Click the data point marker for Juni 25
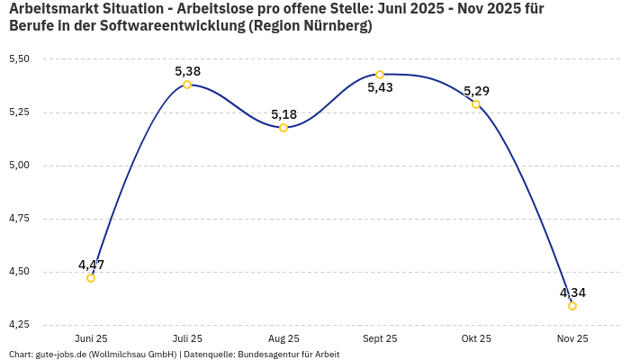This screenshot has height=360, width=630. point(91,278)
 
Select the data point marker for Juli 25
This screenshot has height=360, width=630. point(187,85)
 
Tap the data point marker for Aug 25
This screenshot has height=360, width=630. point(283,128)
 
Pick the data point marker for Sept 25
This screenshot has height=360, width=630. point(380,75)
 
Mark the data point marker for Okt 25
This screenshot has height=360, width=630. point(476,104)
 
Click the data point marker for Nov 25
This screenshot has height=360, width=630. point(572,306)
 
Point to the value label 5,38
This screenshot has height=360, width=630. point(187,71)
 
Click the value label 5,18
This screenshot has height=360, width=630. point(283,114)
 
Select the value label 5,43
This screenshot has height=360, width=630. point(380,88)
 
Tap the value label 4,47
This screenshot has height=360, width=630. point(91,265)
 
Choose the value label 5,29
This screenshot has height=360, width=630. point(476,91)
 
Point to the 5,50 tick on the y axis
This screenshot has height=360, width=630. point(19,59)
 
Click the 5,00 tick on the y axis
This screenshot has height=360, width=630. point(19,166)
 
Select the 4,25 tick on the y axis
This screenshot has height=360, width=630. point(19,324)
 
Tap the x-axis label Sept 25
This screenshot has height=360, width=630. point(380,338)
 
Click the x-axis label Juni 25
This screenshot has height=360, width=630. point(91,338)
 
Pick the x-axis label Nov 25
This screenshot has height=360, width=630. point(572,338)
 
